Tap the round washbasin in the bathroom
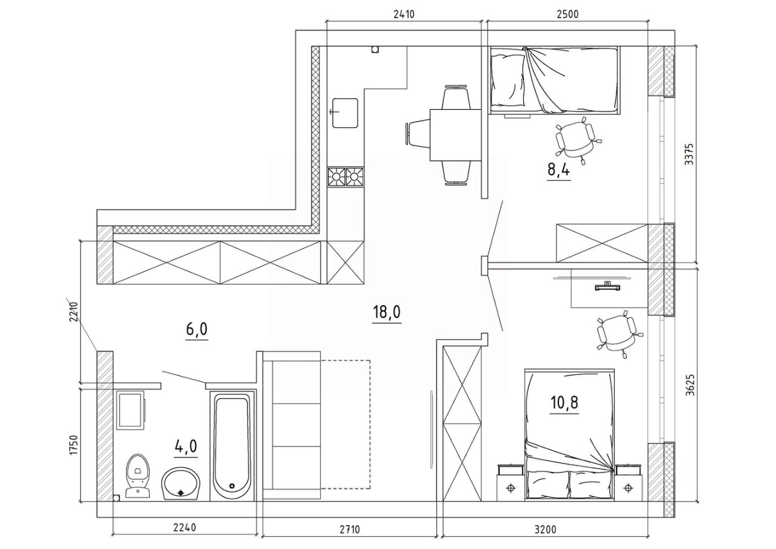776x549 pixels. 181,483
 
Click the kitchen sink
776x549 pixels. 345,113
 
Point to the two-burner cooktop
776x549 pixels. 346,177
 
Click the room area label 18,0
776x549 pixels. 387,312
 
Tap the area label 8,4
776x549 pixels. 558,170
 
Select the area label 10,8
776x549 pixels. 564,402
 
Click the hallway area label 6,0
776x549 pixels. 197,329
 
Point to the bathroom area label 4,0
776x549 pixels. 186,446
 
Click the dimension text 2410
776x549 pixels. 404,14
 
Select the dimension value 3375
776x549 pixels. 690,154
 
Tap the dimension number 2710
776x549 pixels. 349,539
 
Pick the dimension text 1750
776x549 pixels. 74,445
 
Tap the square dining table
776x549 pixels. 455,135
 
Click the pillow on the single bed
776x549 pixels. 507,81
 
